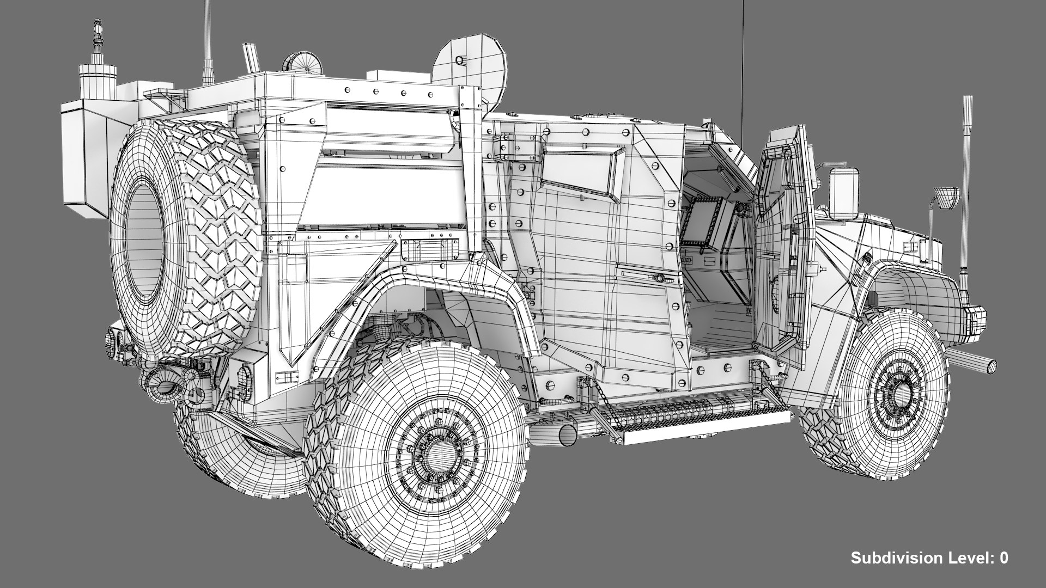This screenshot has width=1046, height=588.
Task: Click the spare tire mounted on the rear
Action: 185,240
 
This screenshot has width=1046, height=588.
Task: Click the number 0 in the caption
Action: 1004,558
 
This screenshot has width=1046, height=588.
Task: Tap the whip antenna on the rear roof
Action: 207,44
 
